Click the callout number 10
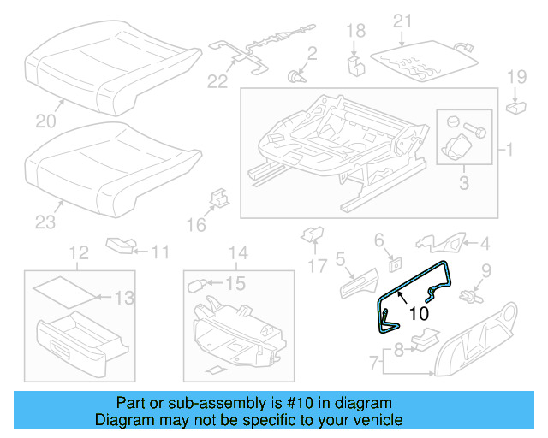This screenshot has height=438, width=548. point(417,314)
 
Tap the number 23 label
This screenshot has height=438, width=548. point(45,223)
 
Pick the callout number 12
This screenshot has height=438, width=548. point(78,252)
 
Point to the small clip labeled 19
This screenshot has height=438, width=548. point(518,108)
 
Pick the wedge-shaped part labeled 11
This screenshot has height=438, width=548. point(120,246)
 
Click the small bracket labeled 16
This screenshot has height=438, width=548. point(217,200)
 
